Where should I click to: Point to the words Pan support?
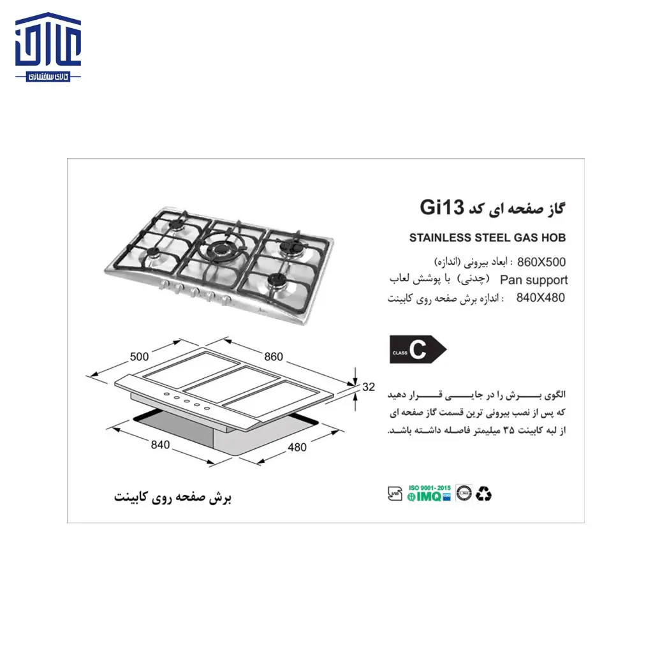click(x=534, y=279)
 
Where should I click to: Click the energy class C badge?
click(x=417, y=349)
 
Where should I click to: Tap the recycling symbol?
click(x=485, y=493)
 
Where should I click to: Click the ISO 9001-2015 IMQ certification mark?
click(x=430, y=493)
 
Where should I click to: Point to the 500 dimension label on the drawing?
click(x=139, y=357)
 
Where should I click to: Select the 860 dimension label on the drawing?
click(x=273, y=357)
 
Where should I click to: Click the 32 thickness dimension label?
click(x=368, y=386)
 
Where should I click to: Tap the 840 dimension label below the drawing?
click(x=160, y=445)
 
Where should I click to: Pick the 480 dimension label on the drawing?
click(x=297, y=447)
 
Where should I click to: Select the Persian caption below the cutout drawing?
click(x=172, y=497)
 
